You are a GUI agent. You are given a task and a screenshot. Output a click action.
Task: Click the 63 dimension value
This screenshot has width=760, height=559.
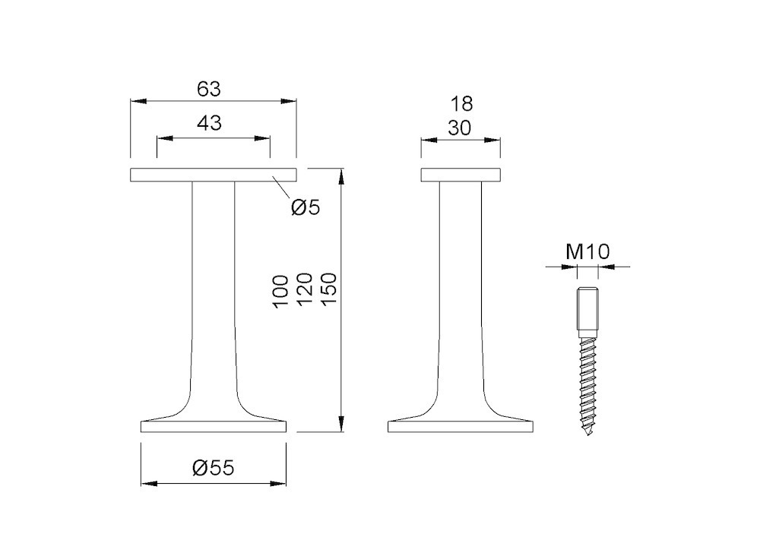pyautogui.click(x=209, y=89)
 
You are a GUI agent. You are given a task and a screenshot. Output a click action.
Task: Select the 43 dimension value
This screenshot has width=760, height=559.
pyautogui.click(x=210, y=123)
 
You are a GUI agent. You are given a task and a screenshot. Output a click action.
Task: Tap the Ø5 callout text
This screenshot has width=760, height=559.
pyautogui.click(x=306, y=207)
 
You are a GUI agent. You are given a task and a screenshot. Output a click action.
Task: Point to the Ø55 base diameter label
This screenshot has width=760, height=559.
pyautogui.click(x=214, y=467)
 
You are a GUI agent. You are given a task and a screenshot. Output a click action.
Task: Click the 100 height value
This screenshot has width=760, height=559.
pyautogui.click(x=280, y=292)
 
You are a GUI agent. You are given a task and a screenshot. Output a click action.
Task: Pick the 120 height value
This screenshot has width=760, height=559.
pyautogui.click(x=304, y=289)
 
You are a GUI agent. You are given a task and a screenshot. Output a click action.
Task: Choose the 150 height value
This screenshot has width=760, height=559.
pyautogui.click(x=328, y=289)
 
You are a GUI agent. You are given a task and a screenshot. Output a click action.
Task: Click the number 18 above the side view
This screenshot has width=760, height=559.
pyautogui.click(x=461, y=103)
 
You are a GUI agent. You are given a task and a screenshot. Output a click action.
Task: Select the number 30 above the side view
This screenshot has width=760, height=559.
pyautogui.click(x=460, y=128)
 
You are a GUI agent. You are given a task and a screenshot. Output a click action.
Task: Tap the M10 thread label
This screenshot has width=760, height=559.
pyautogui.click(x=587, y=252)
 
